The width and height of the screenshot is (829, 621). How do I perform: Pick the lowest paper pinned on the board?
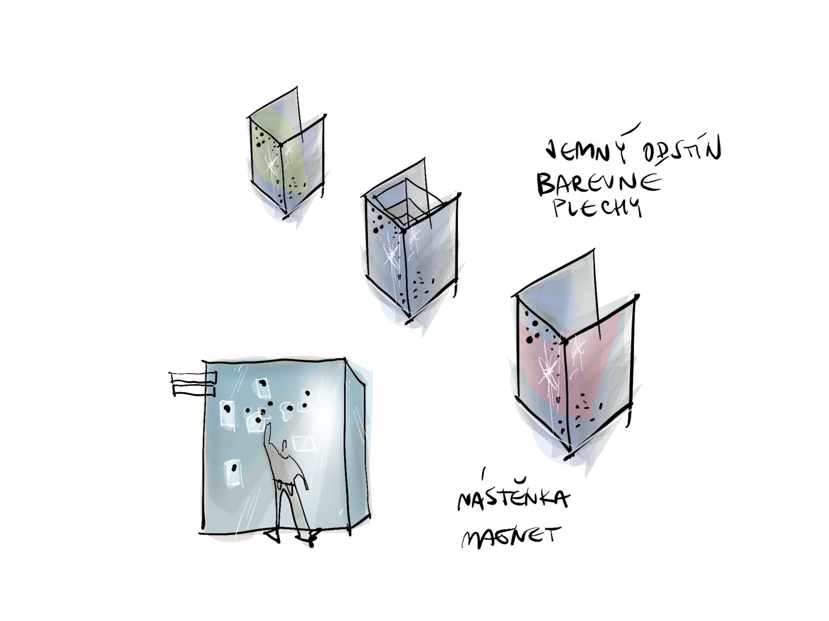(x=233, y=472)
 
